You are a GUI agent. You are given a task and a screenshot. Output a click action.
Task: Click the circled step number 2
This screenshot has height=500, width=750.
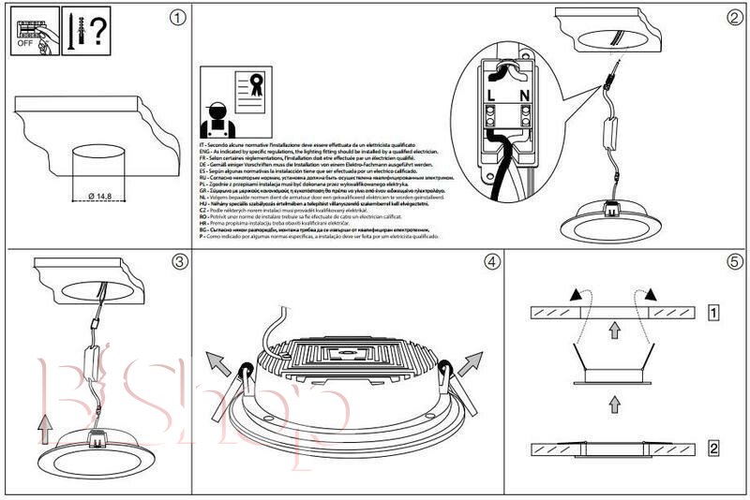point(734,18)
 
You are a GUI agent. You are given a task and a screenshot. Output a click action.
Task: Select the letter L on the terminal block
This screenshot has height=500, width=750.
point(491,95)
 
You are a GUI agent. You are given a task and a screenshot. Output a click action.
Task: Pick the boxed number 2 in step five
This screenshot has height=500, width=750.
point(713,449)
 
